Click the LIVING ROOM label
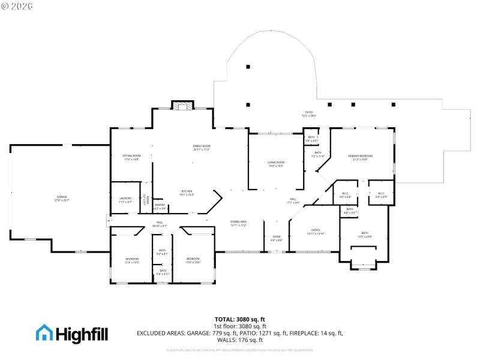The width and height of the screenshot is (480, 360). tap(276, 164)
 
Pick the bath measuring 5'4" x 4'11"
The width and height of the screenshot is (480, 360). tap(163, 272)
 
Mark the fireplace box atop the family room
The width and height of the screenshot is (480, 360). tap(183, 106)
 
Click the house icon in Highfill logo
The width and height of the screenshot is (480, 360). tap(44, 332)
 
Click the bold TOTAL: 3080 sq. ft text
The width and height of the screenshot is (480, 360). tap(240, 319)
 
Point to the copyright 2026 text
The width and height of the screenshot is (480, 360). tap(17, 6)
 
